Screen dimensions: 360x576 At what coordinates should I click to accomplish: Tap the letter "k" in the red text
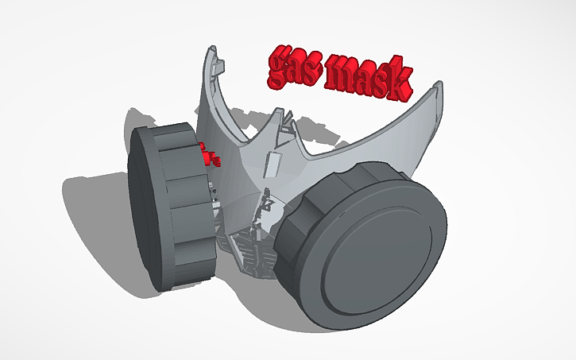pos(400,81)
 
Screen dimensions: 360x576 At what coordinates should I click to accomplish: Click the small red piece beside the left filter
pos(211,155)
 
